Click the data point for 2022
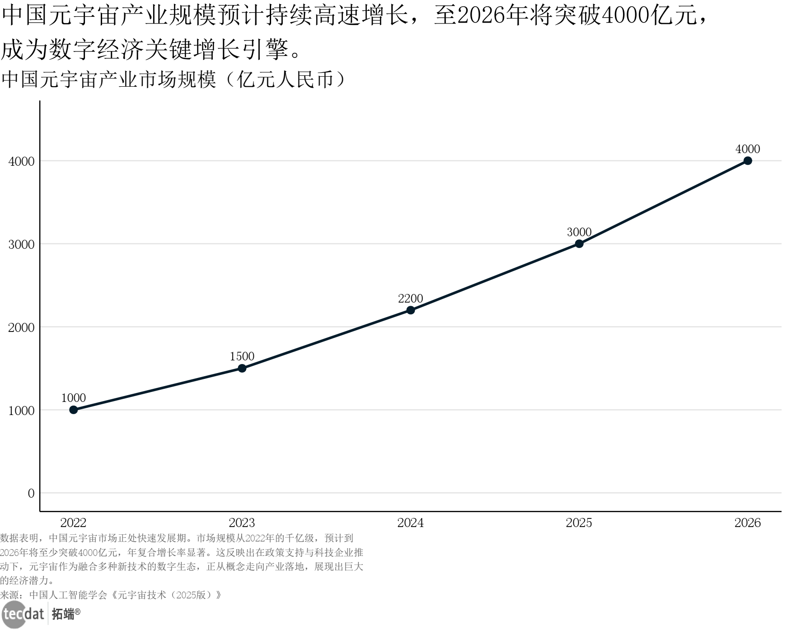pos(74,410)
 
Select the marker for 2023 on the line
pos(242,368)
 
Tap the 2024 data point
pos(411,310)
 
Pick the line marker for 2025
pos(579,244)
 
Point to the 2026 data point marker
pos(748,161)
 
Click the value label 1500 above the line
pos(242,356)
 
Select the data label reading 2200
pos(411,299)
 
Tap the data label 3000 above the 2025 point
pos(579,232)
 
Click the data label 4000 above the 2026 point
pos(748,149)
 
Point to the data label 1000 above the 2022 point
pos(74,398)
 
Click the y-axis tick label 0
pos(31,493)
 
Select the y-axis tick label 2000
pos(22,327)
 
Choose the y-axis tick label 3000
pos(22,244)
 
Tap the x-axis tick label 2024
pos(411,523)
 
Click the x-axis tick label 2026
pos(748,523)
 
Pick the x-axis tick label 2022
pos(74,523)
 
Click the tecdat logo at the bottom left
pos(23,614)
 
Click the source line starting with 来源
pos(111,595)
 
